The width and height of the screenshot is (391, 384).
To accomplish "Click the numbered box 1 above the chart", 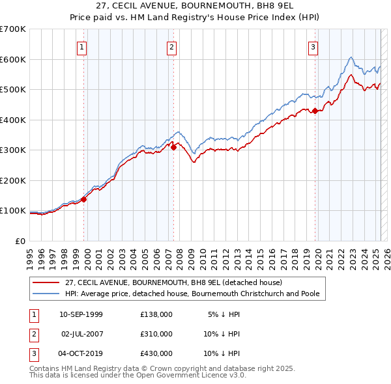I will [81, 47].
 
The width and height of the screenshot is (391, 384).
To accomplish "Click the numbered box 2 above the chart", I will [171, 47].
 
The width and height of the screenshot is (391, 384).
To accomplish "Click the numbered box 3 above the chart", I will [313, 47].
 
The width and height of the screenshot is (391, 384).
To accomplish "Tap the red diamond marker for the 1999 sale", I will [84, 199].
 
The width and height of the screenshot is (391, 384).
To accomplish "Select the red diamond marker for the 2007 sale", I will [174, 148].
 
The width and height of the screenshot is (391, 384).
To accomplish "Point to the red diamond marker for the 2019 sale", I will [315, 111].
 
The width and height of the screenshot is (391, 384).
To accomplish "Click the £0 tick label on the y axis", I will [21, 241].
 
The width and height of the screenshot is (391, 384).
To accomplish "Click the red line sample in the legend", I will [46, 283].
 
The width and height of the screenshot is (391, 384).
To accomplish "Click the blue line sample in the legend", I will [46, 294].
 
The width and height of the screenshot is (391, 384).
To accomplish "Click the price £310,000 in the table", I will [156, 334].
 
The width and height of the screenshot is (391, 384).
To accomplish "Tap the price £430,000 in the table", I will [156, 353].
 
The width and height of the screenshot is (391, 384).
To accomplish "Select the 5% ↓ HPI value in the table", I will [224, 314].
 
